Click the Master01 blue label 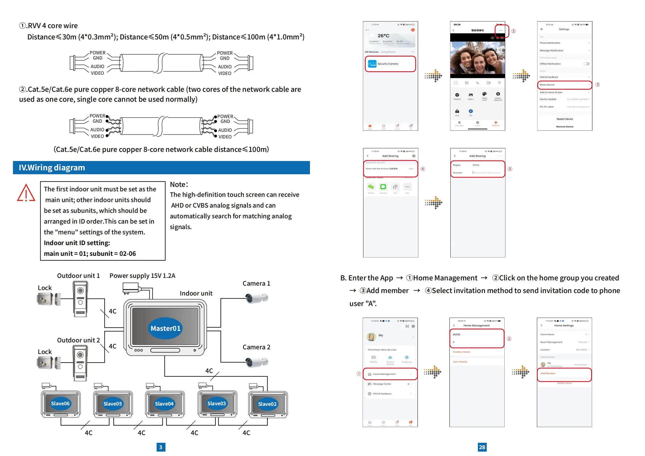165,328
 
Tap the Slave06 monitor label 60,404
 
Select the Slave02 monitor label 267,404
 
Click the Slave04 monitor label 164,404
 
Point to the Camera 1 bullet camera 256,298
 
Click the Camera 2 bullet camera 256,362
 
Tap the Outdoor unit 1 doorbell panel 80,299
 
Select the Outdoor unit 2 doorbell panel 80,363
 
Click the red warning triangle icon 26,193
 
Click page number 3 161,447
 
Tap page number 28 482,447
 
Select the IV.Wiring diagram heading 52,168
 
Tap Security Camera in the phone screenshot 388,64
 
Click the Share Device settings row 547,85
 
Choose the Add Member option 548,374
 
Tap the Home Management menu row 384,374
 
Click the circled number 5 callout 510,169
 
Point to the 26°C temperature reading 384,36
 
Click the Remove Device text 565,127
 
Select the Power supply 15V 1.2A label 142,276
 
